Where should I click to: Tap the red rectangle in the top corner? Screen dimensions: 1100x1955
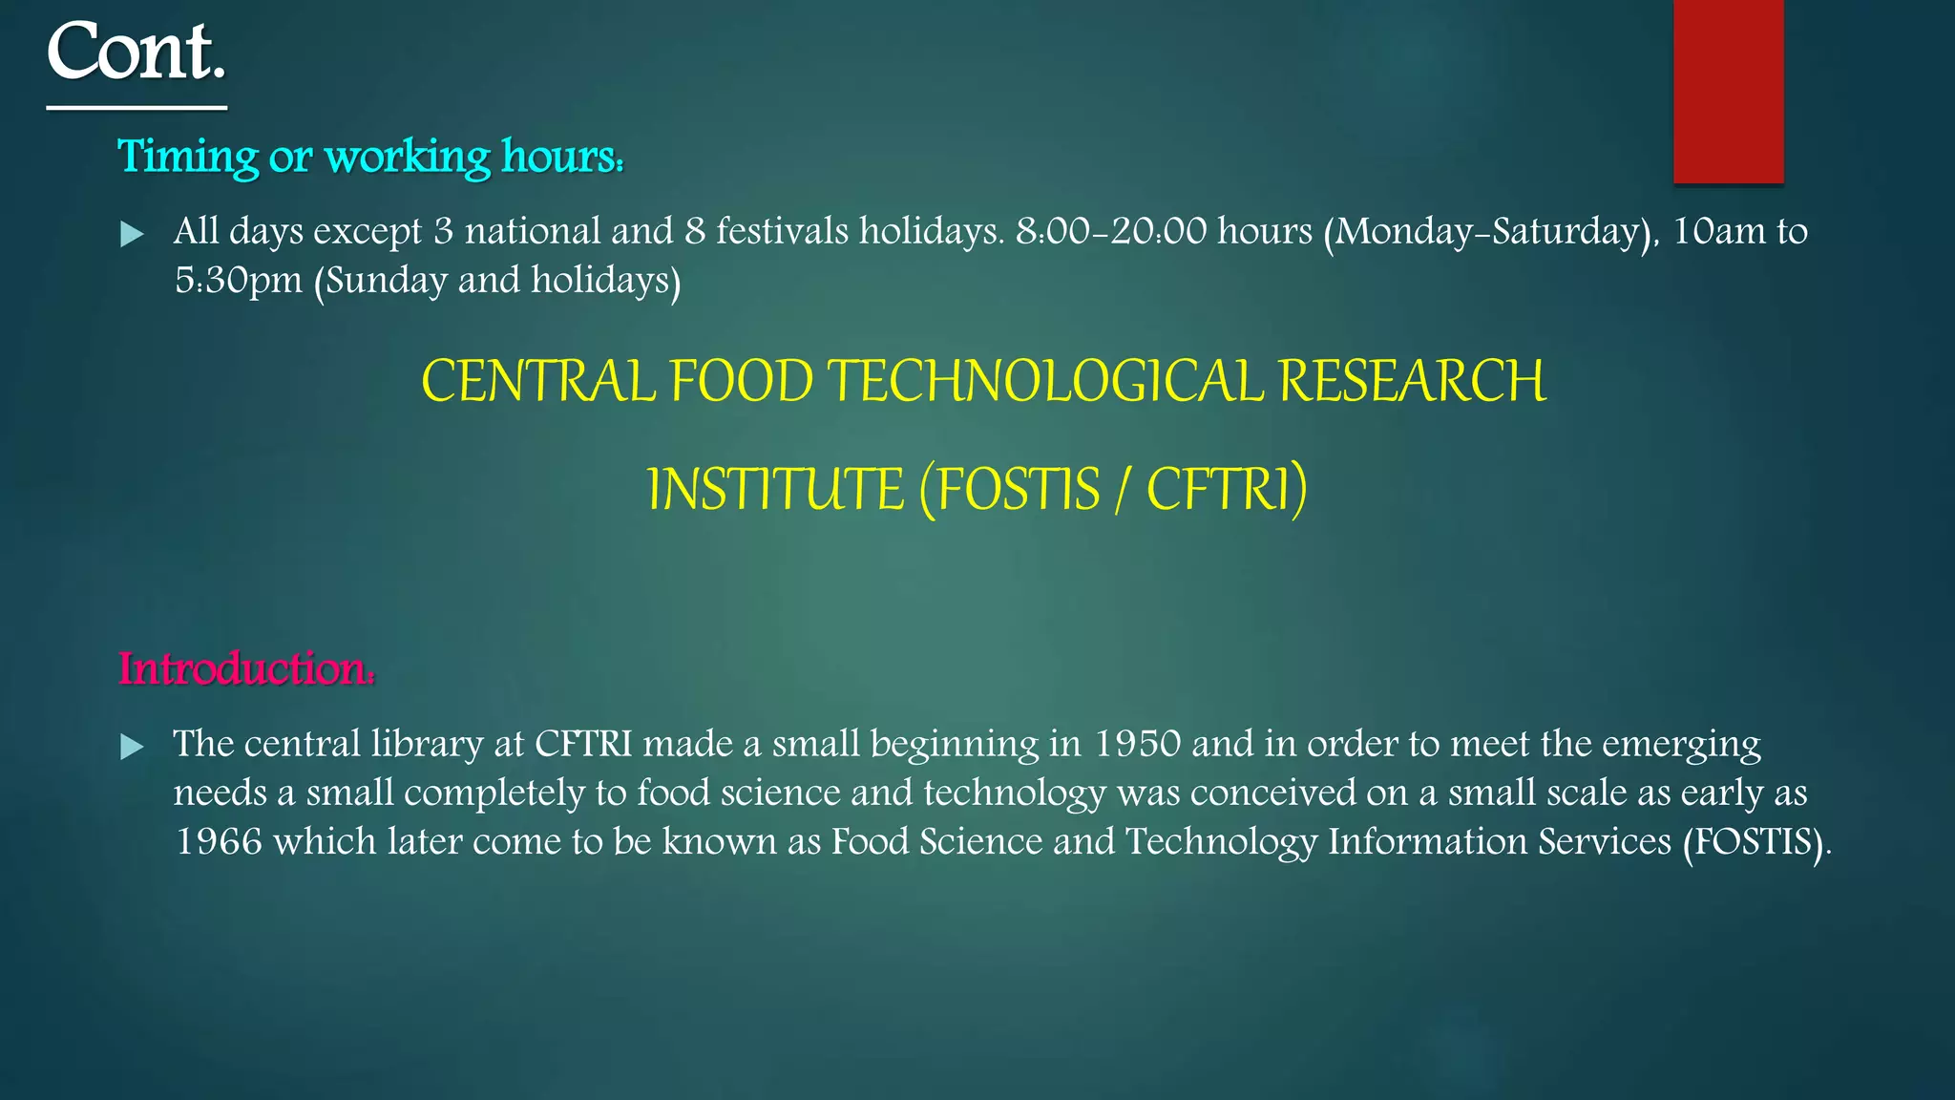click(x=1728, y=91)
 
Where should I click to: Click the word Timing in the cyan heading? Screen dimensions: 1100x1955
click(x=187, y=157)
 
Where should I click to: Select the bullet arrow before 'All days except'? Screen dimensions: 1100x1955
click(x=132, y=234)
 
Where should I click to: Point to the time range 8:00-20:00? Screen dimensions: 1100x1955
click(x=1111, y=231)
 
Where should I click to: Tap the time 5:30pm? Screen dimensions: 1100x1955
click(x=239, y=281)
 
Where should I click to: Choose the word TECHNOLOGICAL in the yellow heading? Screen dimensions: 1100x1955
click(x=1045, y=381)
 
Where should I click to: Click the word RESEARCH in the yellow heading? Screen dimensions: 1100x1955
click(x=1411, y=381)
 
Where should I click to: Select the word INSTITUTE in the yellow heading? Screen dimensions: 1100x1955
click(x=775, y=489)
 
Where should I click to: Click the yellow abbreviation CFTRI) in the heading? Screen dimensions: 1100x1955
click(x=1226, y=489)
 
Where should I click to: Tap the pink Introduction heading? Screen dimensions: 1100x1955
click(x=246, y=668)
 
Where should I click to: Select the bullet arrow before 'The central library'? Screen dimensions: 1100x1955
click(x=132, y=747)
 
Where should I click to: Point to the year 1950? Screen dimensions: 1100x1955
click(x=1137, y=744)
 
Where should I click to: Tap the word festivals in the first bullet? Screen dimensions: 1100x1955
click(x=782, y=231)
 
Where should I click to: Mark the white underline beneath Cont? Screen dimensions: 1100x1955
click(x=137, y=108)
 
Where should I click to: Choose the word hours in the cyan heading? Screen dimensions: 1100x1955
click(x=561, y=157)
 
